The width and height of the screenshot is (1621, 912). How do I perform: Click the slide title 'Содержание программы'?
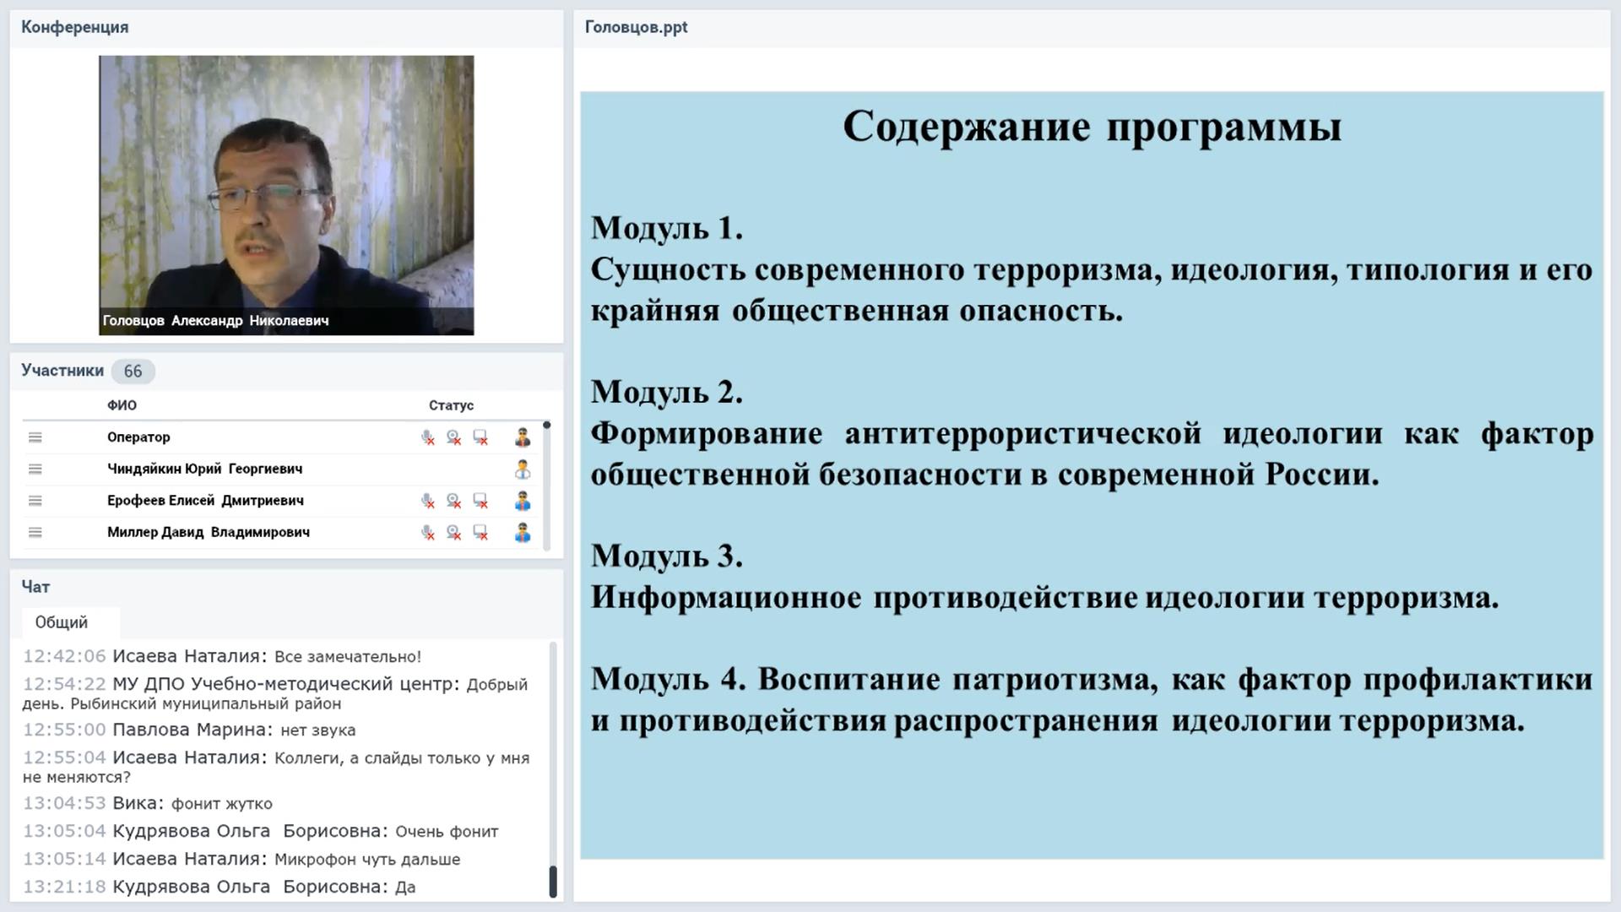tap(1092, 128)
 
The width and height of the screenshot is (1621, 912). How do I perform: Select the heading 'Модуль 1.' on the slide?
tap(667, 228)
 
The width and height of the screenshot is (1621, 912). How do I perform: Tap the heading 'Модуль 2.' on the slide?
tap(667, 392)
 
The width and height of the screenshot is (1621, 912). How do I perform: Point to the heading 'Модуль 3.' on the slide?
tap(667, 556)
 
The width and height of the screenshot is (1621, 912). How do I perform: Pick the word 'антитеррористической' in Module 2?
tap(1022, 434)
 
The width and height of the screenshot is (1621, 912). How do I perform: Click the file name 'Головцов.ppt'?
tap(636, 27)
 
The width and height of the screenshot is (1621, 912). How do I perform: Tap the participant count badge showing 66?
tap(133, 372)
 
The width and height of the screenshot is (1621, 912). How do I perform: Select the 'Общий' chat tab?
tap(62, 622)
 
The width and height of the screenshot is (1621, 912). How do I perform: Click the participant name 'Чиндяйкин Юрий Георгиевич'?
tap(204, 469)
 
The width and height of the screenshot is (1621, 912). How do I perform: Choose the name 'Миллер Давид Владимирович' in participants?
tap(209, 532)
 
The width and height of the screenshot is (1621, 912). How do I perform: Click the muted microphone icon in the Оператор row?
tap(428, 437)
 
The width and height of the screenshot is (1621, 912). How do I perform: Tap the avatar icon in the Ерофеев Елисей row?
tap(523, 501)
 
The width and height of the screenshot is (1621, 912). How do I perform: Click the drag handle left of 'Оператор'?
tap(35, 437)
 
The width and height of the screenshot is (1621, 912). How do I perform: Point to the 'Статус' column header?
tap(451, 405)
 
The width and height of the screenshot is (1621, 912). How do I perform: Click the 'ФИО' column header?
tap(122, 405)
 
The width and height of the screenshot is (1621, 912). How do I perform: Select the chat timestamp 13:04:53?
tap(64, 803)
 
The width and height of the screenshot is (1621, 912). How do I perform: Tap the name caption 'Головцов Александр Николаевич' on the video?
tap(215, 321)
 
